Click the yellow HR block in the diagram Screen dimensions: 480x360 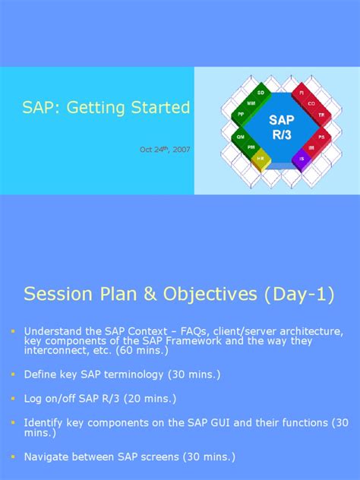tap(261, 158)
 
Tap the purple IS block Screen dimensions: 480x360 tap(302, 158)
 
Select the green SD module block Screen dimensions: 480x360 tap(261, 92)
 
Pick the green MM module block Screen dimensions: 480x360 tap(251, 103)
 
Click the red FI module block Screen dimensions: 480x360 tap(302, 92)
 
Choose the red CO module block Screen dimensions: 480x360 tap(311, 103)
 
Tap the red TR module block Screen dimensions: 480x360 tap(321, 115)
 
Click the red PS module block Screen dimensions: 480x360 tap(321, 137)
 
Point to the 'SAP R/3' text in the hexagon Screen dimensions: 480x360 tap(281, 126)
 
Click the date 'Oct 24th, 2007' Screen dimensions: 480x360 tap(165, 150)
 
